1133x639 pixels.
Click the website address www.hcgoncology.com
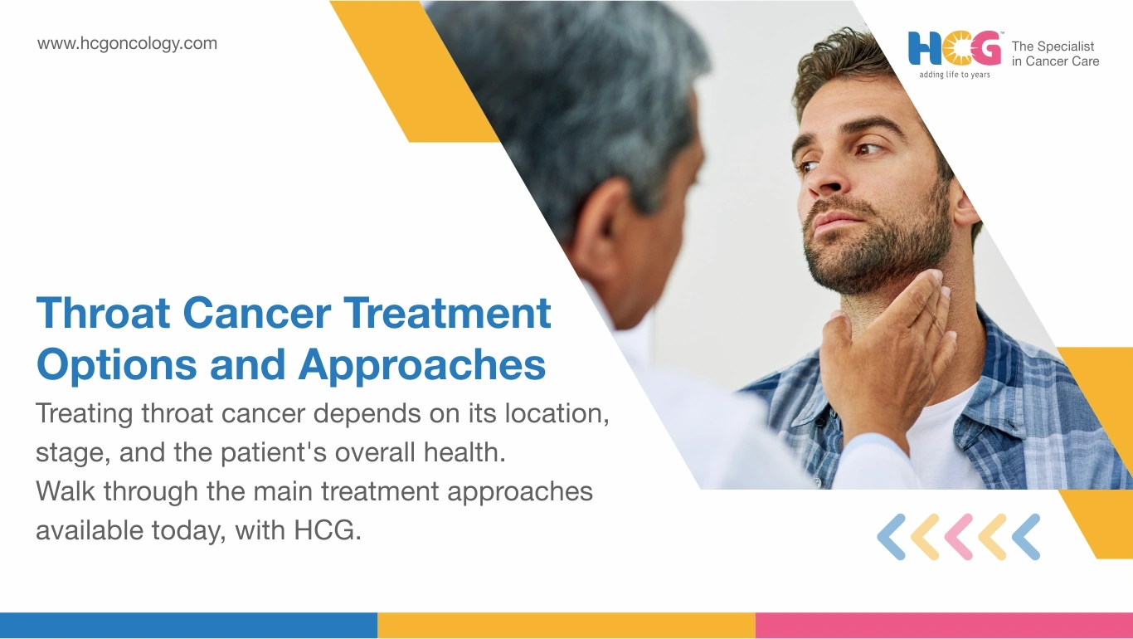(127, 44)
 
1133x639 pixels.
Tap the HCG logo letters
(955, 48)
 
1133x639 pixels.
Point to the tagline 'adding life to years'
(955, 75)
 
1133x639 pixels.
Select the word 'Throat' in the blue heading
(103, 313)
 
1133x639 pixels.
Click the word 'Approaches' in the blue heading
(422, 365)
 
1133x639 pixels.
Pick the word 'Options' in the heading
(117, 365)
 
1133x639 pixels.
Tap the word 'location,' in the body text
(557, 413)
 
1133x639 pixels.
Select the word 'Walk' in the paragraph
(66, 490)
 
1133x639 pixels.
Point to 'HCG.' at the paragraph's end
(328, 530)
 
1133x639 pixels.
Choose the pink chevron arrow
(959, 537)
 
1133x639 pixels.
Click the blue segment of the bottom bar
(188, 626)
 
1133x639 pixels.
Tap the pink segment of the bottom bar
(945, 626)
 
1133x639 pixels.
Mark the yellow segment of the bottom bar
(566, 626)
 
